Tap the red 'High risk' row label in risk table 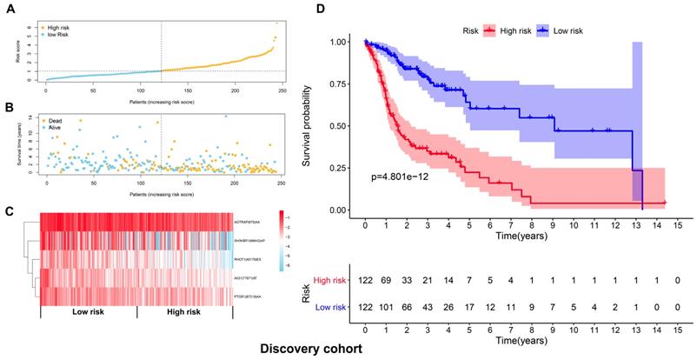tap(331, 281)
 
